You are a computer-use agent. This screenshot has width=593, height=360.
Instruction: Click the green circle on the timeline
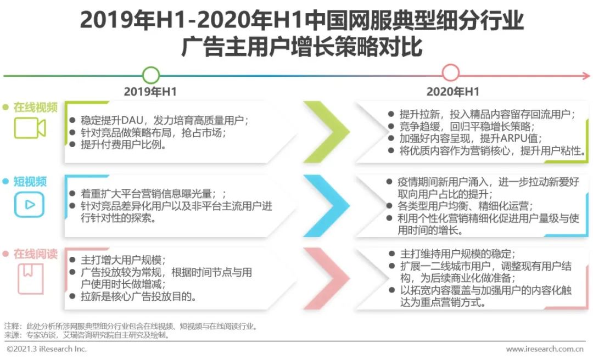point(151,68)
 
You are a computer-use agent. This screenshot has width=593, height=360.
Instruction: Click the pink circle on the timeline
point(450,65)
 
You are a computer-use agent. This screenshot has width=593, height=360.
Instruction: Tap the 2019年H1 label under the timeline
point(150,92)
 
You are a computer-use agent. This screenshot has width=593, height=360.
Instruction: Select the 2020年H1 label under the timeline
point(452,92)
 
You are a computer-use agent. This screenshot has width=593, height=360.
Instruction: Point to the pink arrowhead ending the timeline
point(586,76)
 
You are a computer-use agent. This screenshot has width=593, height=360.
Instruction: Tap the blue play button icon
point(30,205)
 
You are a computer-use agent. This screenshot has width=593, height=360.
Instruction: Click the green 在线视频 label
point(36,108)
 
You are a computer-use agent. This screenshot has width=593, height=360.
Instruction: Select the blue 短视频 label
point(30,182)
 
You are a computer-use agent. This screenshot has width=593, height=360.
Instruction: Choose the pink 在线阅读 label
point(36,254)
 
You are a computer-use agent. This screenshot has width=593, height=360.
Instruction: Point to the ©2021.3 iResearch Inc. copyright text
point(47,348)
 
